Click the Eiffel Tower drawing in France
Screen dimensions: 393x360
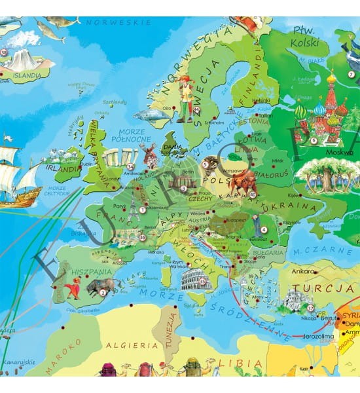pos(135,208)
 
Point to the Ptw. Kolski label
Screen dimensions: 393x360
pos(305,37)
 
